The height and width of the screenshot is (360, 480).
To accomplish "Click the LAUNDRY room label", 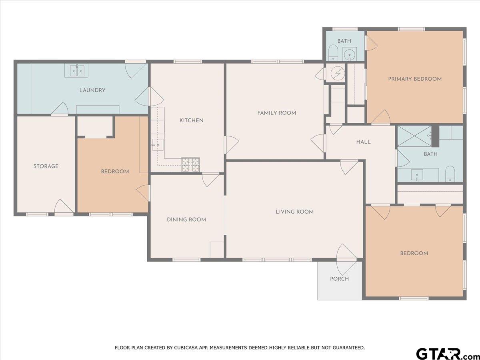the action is point(92,90).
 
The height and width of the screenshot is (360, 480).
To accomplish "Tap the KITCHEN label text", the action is point(191,120).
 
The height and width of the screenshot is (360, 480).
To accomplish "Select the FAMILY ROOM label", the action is point(277,113).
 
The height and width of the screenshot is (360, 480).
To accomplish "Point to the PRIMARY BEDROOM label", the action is point(415,79).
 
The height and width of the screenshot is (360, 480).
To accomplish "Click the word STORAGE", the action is point(46,166).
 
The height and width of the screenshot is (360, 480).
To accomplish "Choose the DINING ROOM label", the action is point(186,220).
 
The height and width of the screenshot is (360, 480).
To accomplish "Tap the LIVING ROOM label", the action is point(294,212).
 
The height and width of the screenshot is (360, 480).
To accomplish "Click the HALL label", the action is point(364,142).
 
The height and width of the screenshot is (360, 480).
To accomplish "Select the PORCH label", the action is point(339,279).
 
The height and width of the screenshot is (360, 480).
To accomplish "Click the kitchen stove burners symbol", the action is point(191,164).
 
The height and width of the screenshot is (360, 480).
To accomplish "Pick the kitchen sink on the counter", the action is point(158,145).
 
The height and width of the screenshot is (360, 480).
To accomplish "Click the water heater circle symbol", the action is point(338,74).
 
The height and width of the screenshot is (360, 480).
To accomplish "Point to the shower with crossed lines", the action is point(415,136).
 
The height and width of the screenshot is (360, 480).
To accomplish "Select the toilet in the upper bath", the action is point(334,53).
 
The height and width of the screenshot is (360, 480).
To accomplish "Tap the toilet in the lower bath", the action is point(450,174).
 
